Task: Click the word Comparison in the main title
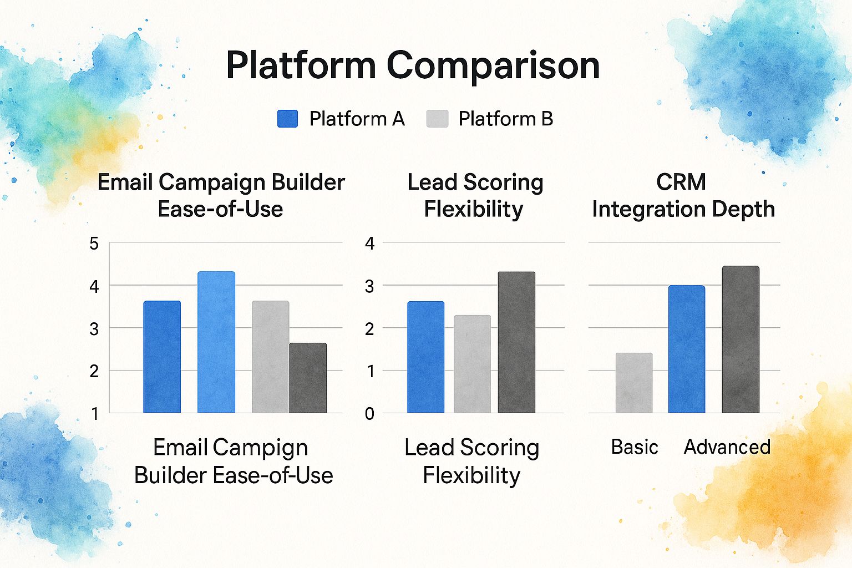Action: coord(493,66)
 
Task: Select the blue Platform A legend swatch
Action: coord(287,119)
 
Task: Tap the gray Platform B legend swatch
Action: coord(437,119)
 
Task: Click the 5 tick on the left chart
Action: coord(94,244)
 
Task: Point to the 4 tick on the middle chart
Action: coord(369,244)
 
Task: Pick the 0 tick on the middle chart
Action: coord(369,414)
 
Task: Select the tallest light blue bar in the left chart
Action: coord(216,342)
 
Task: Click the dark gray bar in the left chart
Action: coord(308,378)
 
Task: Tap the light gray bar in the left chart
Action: coord(270,357)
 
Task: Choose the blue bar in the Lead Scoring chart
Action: coord(426,357)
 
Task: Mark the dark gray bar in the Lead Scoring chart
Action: coord(516,342)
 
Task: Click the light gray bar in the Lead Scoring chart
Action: coord(472,364)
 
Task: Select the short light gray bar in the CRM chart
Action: coord(634,383)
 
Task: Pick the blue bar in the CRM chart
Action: coord(687,349)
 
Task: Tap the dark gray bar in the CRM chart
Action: coord(741,339)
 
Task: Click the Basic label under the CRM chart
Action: coord(635,447)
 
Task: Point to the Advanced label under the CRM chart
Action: coord(727,447)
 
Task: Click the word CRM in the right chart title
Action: coord(681,182)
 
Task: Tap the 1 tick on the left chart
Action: coord(95,414)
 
